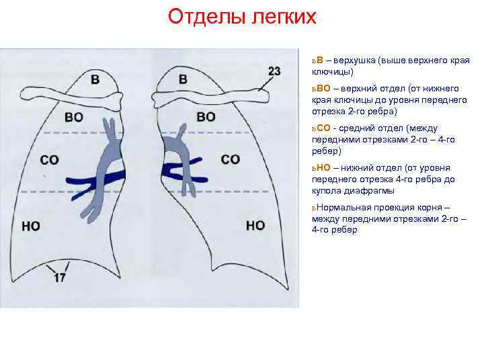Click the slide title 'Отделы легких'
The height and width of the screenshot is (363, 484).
tap(241, 16)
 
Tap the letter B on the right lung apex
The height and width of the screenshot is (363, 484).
tap(183, 79)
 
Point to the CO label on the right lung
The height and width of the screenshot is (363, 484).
tap(230, 159)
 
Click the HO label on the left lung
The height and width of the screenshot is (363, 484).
tap(31, 226)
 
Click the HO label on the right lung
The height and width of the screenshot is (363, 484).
tap(255, 225)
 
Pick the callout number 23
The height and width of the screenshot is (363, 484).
tap(274, 71)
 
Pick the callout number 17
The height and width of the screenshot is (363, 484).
tap(60, 277)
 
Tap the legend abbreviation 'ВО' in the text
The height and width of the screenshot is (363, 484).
tap(323, 88)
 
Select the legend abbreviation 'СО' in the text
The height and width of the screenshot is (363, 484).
tap(323, 128)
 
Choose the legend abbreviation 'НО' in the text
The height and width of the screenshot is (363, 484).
tap(323, 169)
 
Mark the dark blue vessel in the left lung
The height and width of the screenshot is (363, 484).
tap(94, 179)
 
